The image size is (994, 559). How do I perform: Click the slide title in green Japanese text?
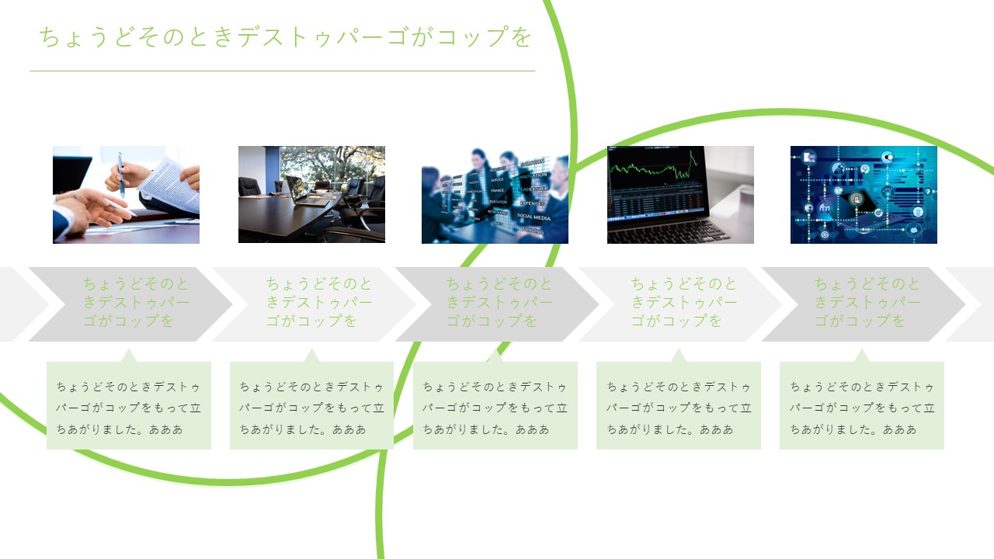[x=285, y=36]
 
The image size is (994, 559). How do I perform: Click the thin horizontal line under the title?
[x=282, y=71]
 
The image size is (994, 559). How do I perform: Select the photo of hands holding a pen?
[x=126, y=195]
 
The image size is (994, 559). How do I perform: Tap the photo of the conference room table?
[x=311, y=194]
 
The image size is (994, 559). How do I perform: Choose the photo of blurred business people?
[x=495, y=196]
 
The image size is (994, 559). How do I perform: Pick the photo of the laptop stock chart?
[x=680, y=195]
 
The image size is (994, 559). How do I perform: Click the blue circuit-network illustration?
[x=864, y=195]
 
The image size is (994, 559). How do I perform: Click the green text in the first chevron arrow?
[x=136, y=302]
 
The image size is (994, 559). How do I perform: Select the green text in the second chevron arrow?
[x=319, y=302]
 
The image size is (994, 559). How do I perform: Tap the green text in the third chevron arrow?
[x=499, y=302]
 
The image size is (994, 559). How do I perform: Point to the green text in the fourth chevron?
[x=684, y=302]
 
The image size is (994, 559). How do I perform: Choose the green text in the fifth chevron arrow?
[x=867, y=302]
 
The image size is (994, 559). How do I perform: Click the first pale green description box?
[x=129, y=405]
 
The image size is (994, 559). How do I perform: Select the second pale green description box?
[x=311, y=405]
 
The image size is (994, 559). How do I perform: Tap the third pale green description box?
[x=495, y=405]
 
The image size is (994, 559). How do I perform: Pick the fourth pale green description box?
[x=679, y=405]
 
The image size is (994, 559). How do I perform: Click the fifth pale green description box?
[x=862, y=405]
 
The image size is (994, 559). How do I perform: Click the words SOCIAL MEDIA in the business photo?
[x=533, y=217]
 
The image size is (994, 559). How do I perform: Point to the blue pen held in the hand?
[x=120, y=175]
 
